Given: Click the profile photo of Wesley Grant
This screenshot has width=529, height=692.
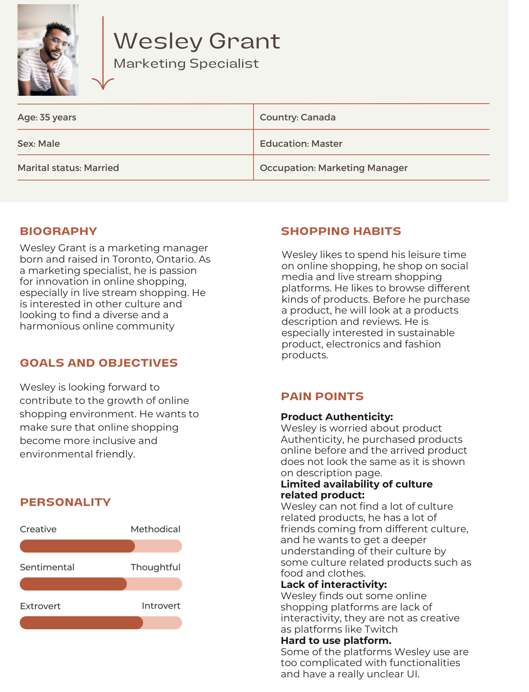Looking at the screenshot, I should pyautogui.click(x=48, y=50).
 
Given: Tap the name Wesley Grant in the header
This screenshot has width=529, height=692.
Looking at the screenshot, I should pyautogui.click(x=197, y=41).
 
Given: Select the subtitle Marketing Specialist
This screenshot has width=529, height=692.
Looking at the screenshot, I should pyautogui.click(x=186, y=64).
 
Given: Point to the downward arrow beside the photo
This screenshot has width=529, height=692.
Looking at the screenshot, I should pyautogui.click(x=103, y=54).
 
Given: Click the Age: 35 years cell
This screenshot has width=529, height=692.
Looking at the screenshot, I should pyautogui.click(x=47, y=117).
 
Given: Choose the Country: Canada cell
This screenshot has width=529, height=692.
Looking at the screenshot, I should pyautogui.click(x=297, y=117).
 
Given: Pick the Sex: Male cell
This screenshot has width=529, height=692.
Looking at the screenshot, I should pyautogui.click(x=38, y=144).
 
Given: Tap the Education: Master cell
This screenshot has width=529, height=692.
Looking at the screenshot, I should pyautogui.click(x=301, y=144).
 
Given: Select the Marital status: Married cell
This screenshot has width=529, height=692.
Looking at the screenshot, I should pyautogui.click(x=68, y=168).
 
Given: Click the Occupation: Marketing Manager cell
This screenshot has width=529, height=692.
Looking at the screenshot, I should pyautogui.click(x=333, y=168).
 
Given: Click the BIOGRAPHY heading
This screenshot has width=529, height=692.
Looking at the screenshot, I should pyautogui.click(x=58, y=231).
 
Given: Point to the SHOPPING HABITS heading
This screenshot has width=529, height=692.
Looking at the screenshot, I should pyautogui.click(x=341, y=231).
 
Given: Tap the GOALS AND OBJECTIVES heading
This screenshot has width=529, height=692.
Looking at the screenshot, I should pyautogui.click(x=99, y=363).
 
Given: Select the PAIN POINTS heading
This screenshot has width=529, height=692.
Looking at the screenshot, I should pyautogui.click(x=322, y=396).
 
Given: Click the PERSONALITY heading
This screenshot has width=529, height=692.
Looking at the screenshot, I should pyautogui.click(x=65, y=502).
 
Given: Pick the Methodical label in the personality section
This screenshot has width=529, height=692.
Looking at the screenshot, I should pyautogui.click(x=155, y=529).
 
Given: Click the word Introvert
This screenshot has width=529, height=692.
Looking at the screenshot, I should pyautogui.click(x=161, y=606).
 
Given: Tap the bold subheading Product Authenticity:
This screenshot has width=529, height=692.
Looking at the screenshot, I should pyautogui.click(x=337, y=417).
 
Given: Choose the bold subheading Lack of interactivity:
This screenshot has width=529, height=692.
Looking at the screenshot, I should pyautogui.click(x=334, y=585).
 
